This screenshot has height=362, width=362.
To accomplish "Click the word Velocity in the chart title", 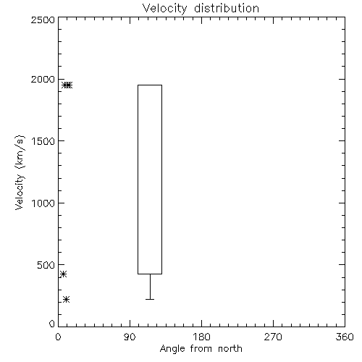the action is point(164,9).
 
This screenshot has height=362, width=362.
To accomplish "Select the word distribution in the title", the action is point(227,8).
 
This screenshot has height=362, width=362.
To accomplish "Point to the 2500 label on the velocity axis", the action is point(43,20).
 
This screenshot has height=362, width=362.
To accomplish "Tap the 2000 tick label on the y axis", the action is point(43,79).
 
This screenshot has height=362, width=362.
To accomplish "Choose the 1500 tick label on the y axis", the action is point(43,141).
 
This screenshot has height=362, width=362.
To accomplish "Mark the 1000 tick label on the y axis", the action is point(43,203).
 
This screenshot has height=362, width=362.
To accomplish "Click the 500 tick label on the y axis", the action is point(46,265).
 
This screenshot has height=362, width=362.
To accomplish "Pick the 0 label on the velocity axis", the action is point(52,324).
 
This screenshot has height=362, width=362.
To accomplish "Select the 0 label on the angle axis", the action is point(58,337).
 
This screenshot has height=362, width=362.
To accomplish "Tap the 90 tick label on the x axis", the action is point(130,337).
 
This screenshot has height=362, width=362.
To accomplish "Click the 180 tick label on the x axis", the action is point(201,337).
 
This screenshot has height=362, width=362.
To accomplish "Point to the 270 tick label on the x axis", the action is point(273,337).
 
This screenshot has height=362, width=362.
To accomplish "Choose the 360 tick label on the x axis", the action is point(345,337).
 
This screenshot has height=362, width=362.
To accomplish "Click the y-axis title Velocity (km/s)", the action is point(20,172).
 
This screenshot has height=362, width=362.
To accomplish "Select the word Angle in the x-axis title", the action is point(172,349).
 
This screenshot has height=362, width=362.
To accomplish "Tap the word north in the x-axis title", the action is point(230,348).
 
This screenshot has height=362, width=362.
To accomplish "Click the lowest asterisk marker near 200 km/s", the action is point(66,300).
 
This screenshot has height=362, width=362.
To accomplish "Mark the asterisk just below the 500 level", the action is point(63,274).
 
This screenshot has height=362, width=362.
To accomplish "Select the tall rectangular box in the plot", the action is point(138,180).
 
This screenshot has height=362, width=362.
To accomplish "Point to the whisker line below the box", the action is point(150,287).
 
